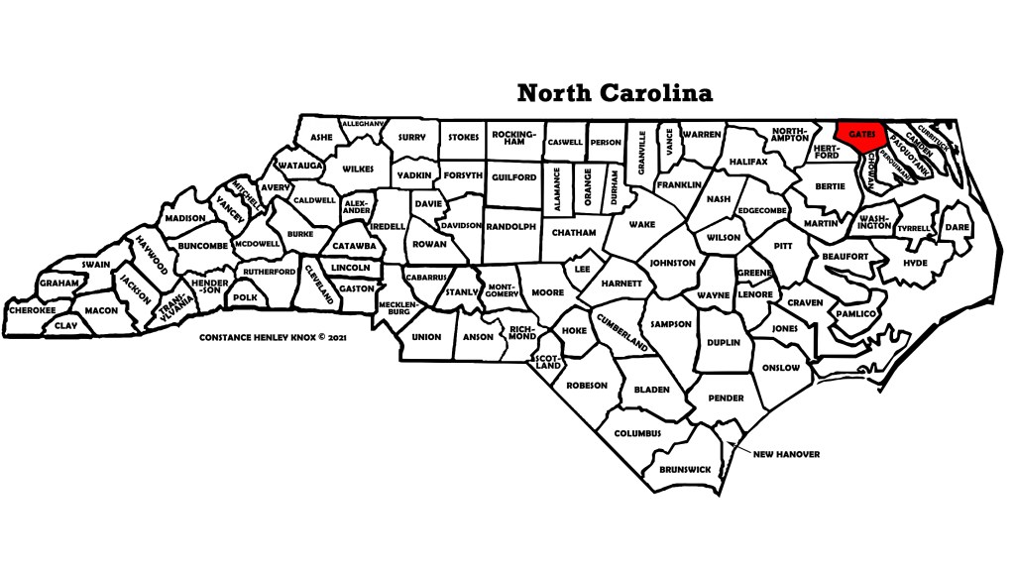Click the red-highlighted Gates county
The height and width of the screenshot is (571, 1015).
858,133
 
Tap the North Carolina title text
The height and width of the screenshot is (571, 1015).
614,93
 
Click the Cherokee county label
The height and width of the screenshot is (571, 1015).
32,309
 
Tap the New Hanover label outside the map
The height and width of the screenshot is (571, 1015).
787,454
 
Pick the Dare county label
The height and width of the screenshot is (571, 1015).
957,227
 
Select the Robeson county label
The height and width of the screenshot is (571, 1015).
586,386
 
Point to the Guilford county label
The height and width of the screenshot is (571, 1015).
513,177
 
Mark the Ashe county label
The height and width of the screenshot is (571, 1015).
321,138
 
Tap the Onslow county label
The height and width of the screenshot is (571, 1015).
781,368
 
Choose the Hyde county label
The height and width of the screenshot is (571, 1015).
915,263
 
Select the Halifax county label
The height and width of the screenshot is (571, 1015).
748,161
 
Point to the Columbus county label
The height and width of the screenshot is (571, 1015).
636,433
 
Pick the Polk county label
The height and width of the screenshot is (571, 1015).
245,296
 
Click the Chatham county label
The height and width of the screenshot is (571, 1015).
574,233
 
